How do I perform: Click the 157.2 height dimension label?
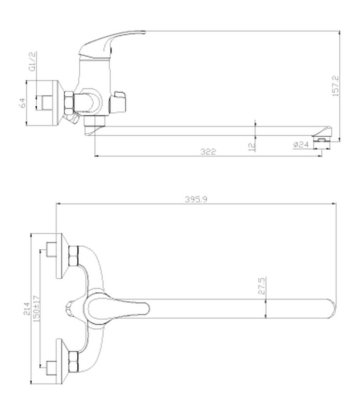click(x=336, y=86)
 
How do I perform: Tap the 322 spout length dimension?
click(x=208, y=151)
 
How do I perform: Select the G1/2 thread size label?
click(x=33, y=62)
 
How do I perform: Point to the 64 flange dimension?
click(x=23, y=103)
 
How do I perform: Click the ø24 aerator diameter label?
click(x=301, y=145)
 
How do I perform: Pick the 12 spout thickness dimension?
click(x=252, y=147)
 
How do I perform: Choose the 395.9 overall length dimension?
click(x=196, y=199)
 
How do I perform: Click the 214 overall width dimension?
click(x=27, y=309)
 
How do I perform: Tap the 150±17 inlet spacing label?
click(x=37, y=309)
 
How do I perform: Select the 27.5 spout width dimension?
click(x=262, y=285)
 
